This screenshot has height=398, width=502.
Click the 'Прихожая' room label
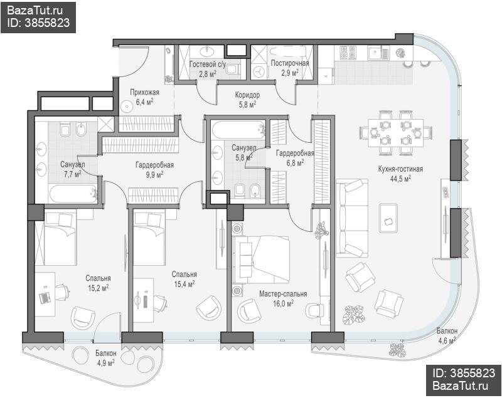tap(144, 93)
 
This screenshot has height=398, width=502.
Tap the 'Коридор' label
tap(247, 95)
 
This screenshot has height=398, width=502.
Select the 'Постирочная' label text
tap(290, 63)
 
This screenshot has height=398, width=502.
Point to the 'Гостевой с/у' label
tap(208, 65)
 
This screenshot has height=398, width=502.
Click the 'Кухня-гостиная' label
tap(400, 169)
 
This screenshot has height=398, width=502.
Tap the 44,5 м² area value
tap(400, 179)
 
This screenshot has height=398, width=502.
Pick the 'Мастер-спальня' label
tap(283, 294)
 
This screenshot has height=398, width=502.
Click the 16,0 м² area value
tap(283, 303)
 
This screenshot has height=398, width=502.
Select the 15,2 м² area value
tap(99, 288)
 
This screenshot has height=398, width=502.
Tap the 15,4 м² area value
tap(184, 284)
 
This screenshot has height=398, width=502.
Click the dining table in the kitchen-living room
tap(396, 133)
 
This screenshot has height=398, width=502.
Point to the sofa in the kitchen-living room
tap(352, 218)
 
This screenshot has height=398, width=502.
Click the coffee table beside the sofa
tap(388, 217)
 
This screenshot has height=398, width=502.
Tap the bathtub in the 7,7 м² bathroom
tap(73, 194)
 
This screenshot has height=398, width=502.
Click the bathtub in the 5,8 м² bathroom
tap(238, 129)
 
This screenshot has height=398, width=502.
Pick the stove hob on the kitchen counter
tap(348, 53)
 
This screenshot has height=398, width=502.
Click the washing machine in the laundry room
tap(259, 71)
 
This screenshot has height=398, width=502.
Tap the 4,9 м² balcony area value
tap(105, 363)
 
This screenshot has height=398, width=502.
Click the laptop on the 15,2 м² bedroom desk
tap(45, 298)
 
